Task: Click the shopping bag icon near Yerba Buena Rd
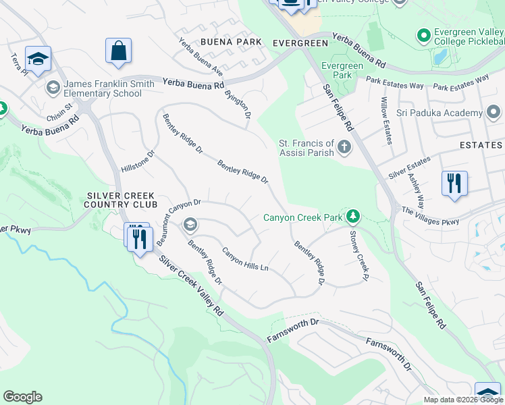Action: point(118,51)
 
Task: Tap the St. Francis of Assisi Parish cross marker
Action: point(344,147)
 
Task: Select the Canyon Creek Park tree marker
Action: point(352,217)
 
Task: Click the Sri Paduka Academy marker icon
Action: point(493,111)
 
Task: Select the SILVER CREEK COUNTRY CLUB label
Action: point(122,200)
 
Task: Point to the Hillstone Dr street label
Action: point(138,161)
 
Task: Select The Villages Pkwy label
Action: point(430,216)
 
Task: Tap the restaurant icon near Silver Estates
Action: point(454,183)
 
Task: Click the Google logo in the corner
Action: point(22,397)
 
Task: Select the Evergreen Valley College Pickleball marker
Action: point(424,34)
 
